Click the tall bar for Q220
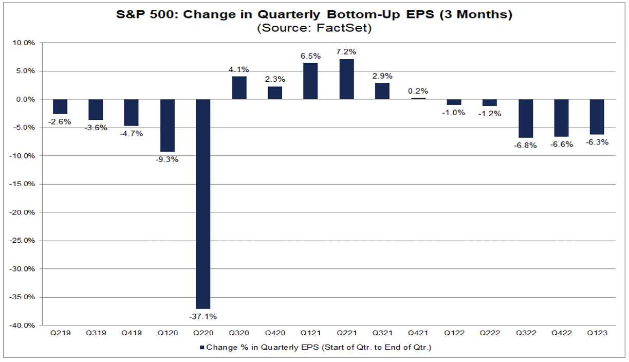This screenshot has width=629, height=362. point(203,204)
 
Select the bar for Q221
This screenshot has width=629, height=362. point(346,79)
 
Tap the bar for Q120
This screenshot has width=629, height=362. point(168,125)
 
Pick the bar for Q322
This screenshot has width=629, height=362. point(525,118)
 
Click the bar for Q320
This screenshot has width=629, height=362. point(239,87)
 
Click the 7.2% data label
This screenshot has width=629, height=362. point(346,51)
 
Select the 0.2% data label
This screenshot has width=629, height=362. point(418,91)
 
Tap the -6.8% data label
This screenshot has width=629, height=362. point(525,146)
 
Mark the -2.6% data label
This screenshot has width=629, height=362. point(60,122)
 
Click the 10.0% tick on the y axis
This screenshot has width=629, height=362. point(24,43)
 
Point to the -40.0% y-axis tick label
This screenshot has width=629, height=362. point(23,325)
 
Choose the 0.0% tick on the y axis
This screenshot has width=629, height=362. point(25,99)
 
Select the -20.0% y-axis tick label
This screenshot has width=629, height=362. point(23,212)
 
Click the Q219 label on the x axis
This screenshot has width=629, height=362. point(60,333)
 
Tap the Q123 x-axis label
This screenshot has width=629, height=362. point(597,333)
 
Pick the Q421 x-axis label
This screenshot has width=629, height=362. point(418,333)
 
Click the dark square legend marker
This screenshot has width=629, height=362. point(202,348)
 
